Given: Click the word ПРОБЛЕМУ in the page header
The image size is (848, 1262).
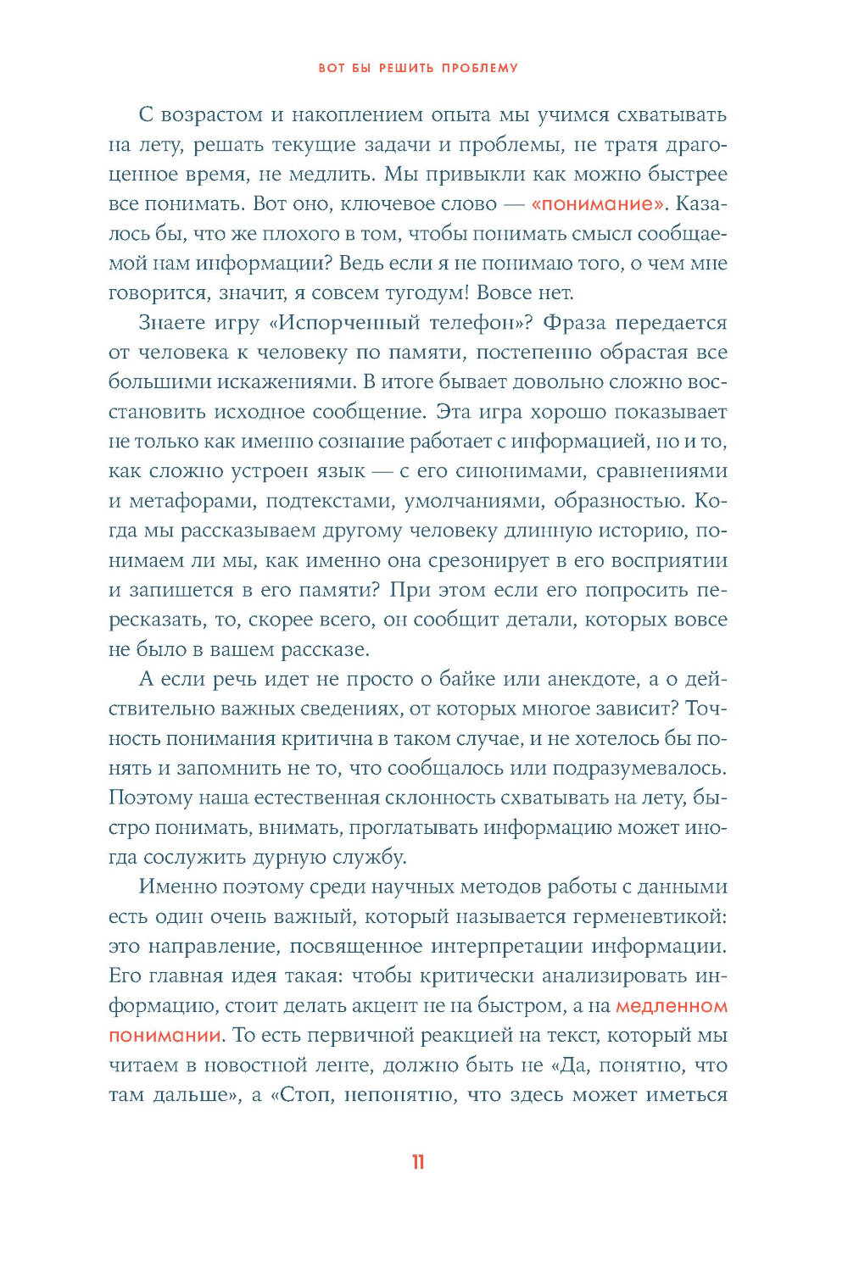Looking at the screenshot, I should pyautogui.click(x=480, y=68).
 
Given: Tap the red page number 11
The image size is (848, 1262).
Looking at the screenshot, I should pyautogui.click(x=417, y=1162).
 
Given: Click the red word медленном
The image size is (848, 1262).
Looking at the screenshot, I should pyautogui.click(x=671, y=1006).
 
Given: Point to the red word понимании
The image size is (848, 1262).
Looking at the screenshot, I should pyautogui.click(x=165, y=1036).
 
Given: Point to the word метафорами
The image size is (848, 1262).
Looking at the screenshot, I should pyautogui.click(x=191, y=501).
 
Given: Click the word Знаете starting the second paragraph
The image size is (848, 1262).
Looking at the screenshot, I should pyautogui.click(x=172, y=323).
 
